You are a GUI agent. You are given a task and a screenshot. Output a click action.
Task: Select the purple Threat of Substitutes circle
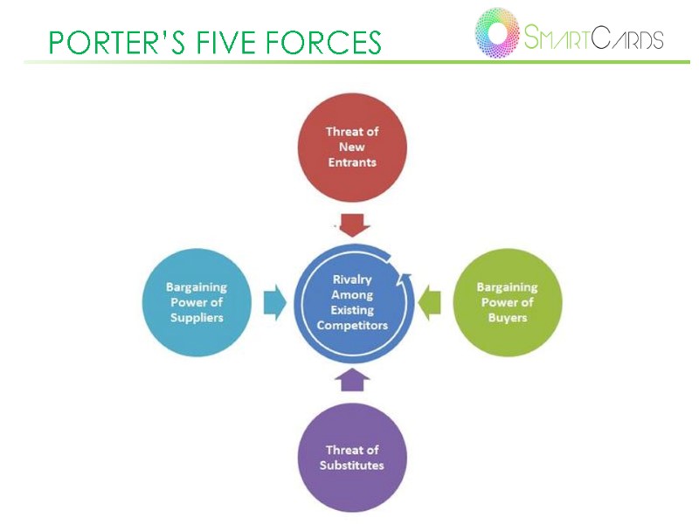click(352, 458)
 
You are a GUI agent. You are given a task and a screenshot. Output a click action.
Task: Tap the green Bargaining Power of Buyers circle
click(507, 302)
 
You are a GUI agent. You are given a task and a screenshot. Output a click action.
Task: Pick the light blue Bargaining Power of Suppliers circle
click(197, 302)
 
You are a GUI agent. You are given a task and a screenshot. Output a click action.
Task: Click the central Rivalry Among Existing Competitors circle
click(352, 302)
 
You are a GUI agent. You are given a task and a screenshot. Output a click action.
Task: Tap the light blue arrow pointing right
click(275, 302)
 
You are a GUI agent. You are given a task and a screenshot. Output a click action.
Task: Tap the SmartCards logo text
click(593, 38)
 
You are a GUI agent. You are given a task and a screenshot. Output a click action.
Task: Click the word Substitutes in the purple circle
click(352, 465)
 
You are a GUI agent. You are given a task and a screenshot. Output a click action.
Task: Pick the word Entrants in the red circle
click(352, 162)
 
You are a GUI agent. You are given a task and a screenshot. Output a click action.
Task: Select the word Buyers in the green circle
click(507, 318)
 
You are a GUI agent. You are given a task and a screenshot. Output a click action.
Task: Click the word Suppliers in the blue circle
click(197, 318)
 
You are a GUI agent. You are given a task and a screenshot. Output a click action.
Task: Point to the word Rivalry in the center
click(352, 279)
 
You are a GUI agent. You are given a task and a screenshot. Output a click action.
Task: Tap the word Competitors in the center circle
click(352, 325)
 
